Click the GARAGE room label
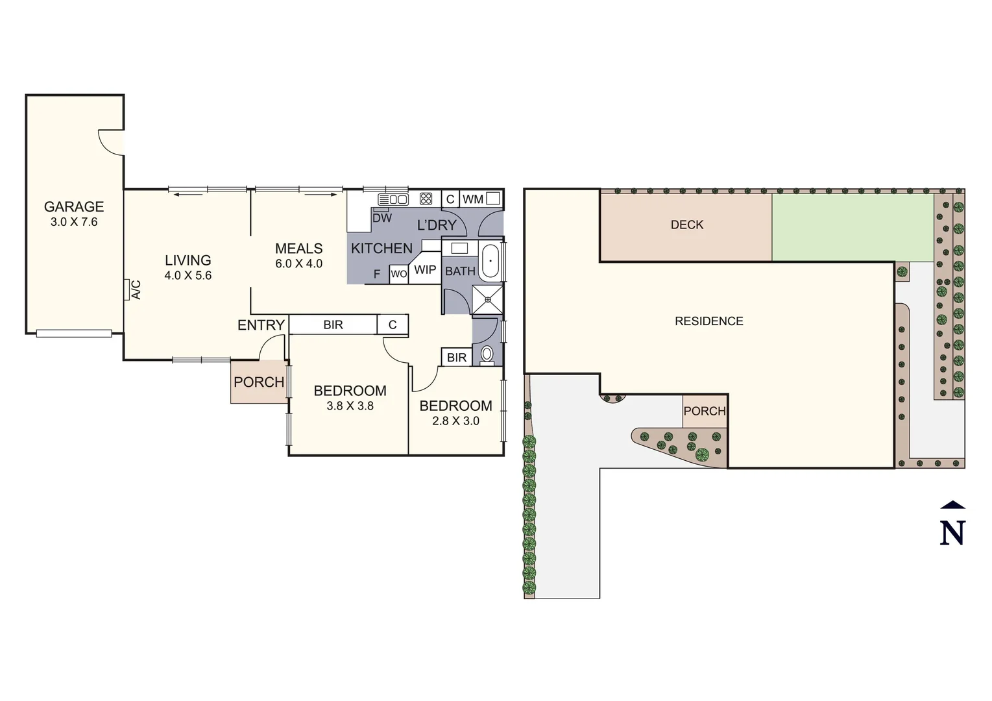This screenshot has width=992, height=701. coord(74,206)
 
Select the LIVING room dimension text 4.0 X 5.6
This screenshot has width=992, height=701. coord(188,275)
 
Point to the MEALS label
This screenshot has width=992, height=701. coord(298,249)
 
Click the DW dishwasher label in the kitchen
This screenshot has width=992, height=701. coord(382,218)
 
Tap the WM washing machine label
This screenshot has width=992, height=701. coord(472,199)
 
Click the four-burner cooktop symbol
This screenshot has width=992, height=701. coord(426,199)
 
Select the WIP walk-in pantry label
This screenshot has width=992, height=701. coord(425,270)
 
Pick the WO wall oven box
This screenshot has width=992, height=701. coord(398,274)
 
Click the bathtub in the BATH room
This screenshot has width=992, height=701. coord(490,261)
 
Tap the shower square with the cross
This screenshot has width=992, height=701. coord(487,299)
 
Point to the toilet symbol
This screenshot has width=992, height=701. coord(487,354)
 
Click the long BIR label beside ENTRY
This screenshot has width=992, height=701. coord(333,325)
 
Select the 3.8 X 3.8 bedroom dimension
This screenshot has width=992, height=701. coord(350,406)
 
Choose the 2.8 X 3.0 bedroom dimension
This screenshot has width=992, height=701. coord(455,421)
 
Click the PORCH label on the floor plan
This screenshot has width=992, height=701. coord(259,382)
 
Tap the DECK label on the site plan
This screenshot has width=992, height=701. coord(686,225)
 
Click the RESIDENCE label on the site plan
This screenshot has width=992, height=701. coord(708,321)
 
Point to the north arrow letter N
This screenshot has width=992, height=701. coord(952,533)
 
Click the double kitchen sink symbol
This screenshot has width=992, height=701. coord(393,199)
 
